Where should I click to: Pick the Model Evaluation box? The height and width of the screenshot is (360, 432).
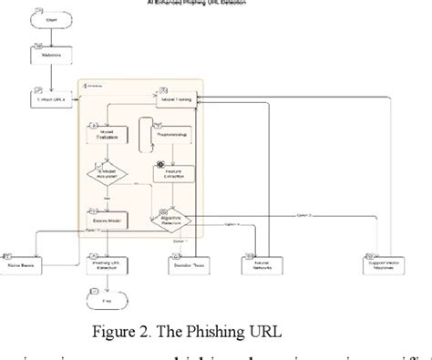point(108,136)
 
